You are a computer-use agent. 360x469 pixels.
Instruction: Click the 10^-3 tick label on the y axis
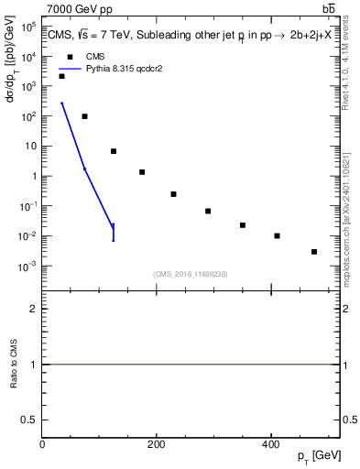coord(28,267)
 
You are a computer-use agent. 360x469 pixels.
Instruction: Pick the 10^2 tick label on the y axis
coord(28,116)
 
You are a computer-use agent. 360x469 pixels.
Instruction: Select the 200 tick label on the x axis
coord(156,444)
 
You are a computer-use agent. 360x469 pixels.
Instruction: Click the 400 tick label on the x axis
coord(269,444)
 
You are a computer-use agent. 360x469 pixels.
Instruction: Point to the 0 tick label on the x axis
coord(42,444)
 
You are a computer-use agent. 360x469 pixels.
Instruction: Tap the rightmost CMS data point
coord(314,251)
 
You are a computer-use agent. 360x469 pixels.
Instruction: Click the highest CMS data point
coord(61,76)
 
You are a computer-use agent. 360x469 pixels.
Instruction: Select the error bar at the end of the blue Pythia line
coord(114,232)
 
